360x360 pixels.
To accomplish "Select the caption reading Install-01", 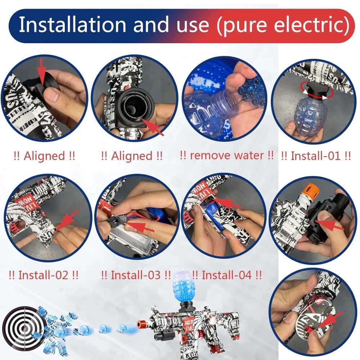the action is pyautogui.click(x=316, y=156).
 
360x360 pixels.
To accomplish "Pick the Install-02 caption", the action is pyautogui.click(x=44, y=275).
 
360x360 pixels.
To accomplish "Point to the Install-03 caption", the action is pyautogui.click(x=136, y=275).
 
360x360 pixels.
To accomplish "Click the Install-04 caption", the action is pyautogui.click(x=226, y=275).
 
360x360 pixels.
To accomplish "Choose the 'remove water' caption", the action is pyautogui.click(x=227, y=156).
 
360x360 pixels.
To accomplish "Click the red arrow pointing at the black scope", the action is pyautogui.click(x=329, y=225).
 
